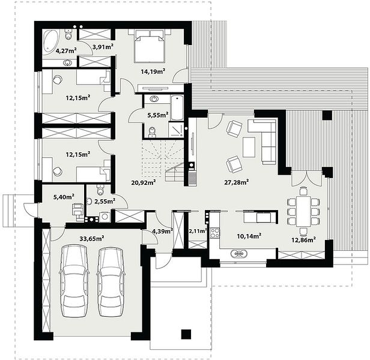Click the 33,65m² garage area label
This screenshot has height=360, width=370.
[92, 239]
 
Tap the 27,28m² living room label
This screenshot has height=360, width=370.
[236, 182]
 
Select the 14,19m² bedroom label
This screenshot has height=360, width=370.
[153, 71]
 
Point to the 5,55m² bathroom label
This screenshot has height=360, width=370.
[158, 115]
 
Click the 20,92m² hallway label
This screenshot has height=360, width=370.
[143, 182]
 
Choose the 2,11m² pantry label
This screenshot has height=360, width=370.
[198, 231]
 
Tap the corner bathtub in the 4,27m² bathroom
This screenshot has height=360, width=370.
[50, 42]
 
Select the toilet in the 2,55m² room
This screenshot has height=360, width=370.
[100, 190]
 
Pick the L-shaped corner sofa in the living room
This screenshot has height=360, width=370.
[265, 140]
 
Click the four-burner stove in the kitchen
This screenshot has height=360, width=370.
[214, 233]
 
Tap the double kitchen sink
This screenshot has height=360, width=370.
[239, 254]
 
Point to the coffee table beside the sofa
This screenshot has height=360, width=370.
[249, 147]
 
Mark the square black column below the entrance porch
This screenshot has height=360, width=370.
[186, 334]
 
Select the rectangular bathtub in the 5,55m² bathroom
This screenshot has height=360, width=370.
[177, 108]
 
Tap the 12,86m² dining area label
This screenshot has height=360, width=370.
[304, 240]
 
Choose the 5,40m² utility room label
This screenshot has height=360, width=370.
[64, 196]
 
